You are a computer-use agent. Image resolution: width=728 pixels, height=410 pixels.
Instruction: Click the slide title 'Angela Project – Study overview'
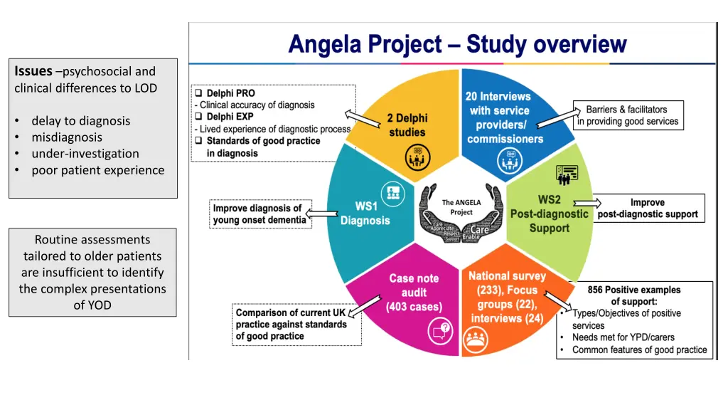point(457,45)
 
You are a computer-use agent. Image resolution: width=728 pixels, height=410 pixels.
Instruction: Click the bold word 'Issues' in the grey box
point(33,71)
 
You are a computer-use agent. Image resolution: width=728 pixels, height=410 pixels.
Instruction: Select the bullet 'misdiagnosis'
point(67,137)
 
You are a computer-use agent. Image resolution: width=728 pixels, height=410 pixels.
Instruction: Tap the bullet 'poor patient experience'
point(97,170)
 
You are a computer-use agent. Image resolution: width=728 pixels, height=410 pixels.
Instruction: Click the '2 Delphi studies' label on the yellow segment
point(407,125)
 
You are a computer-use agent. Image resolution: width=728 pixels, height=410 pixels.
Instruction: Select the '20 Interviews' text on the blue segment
point(498,96)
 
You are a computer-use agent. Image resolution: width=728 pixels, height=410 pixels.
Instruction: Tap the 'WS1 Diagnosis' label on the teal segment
point(365,214)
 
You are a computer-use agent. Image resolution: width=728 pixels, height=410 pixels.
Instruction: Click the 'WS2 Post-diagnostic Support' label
point(550,214)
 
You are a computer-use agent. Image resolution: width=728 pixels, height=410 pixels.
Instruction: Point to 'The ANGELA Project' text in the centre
point(461,207)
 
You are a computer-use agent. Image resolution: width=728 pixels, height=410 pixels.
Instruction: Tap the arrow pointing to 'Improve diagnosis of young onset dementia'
point(323,214)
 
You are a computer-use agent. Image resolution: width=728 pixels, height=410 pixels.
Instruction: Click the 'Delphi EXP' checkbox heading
point(230,117)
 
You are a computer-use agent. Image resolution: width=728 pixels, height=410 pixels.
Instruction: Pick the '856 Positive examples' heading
point(633,290)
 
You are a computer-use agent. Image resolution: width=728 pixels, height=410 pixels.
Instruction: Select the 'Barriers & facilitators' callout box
point(628,115)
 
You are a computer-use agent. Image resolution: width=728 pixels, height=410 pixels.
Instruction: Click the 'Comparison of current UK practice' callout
point(296,325)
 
